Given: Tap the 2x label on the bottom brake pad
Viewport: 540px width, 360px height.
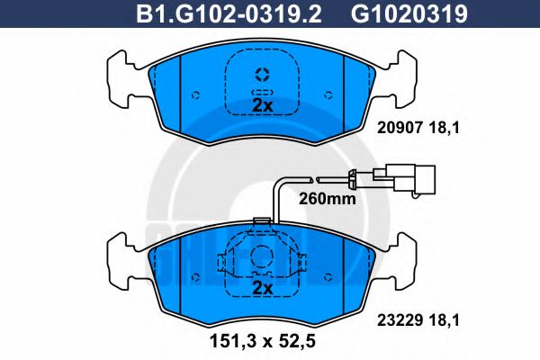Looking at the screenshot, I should coord(262,287).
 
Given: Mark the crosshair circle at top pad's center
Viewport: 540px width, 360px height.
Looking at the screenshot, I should coord(262,75).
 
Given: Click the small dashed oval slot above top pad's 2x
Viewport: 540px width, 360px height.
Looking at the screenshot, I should coord(262,91).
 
